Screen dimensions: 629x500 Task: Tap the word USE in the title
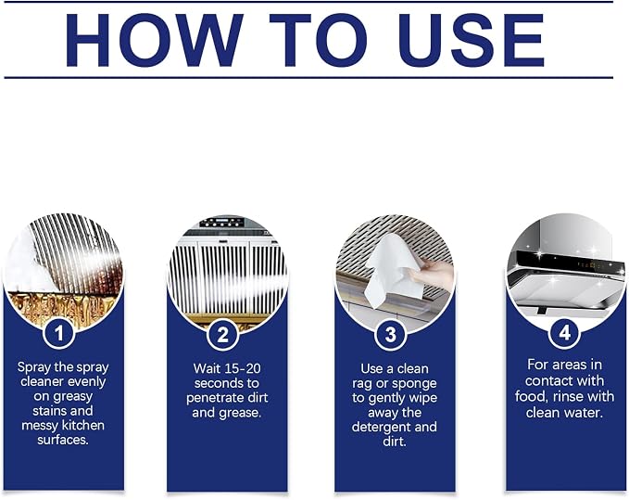[472, 40]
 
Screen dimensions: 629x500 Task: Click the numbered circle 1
[59, 333]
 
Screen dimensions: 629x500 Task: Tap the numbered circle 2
[223, 334]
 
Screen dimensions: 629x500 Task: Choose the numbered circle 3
[391, 334]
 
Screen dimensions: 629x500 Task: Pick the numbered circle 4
[564, 333]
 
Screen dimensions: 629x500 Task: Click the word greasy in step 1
[73, 397]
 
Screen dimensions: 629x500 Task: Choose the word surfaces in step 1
[63, 440]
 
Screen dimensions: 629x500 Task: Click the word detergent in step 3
[381, 428]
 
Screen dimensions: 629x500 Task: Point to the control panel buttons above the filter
[221, 222]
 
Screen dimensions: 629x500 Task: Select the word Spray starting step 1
[32, 368]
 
